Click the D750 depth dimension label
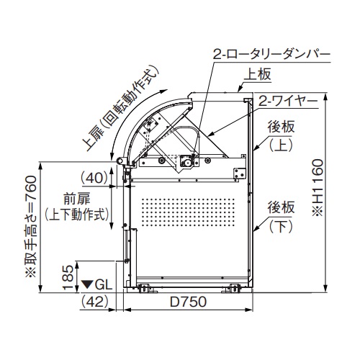coord(188,302)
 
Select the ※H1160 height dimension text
coord(318,188)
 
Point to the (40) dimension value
coord(95,178)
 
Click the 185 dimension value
coord(68,277)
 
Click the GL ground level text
coord(104,285)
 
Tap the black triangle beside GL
coord(87,284)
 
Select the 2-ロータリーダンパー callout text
coord(272,55)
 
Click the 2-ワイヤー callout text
coord(288,102)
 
